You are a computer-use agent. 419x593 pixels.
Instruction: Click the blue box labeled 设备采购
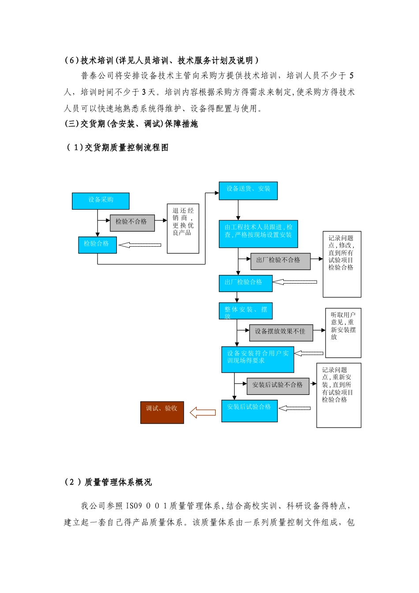[101, 201]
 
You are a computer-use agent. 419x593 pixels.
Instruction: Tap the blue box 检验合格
[97, 245]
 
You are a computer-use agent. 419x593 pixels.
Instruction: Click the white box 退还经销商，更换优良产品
[183, 228]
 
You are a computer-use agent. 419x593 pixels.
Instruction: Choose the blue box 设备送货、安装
[248, 191]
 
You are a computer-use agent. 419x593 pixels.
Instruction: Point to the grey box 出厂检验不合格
[281, 261]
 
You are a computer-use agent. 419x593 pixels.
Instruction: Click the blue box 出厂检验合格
[245, 283]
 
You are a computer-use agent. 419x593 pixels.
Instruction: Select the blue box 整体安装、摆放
[245, 311]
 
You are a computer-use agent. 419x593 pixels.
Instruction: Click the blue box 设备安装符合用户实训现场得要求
[258, 359]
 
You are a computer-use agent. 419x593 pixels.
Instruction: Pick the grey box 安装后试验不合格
[278, 386]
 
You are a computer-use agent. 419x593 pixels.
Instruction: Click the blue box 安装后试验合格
[249, 411]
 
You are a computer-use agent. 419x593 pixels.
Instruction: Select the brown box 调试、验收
[162, 413]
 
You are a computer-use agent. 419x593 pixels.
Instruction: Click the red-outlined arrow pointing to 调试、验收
[202, 413]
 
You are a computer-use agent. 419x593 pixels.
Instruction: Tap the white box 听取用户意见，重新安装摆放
[343, 332]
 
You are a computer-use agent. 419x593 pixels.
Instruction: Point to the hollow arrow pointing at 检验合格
[140, 245]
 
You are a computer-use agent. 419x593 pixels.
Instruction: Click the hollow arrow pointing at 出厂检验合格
[295, 282]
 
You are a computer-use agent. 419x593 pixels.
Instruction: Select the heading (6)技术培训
[161, 60]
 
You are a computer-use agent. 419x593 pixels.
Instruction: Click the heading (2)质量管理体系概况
[108, 482]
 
